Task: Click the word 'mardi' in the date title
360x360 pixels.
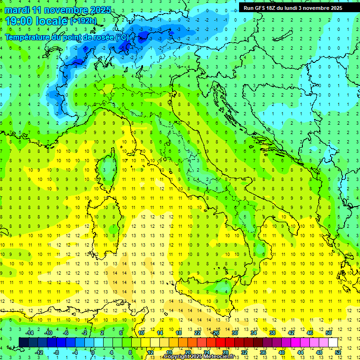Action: point(17,10)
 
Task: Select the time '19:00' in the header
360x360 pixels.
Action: point(18,21)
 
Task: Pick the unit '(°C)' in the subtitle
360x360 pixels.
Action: point(122,37)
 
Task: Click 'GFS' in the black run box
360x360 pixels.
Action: point(260,8)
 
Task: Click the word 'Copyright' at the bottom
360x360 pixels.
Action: point(176,357)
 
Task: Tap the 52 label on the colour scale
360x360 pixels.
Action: point(338,352)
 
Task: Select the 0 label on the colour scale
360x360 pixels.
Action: point(93,352)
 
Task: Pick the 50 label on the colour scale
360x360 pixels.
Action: point(329,333)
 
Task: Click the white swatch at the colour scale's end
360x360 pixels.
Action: point(333,342)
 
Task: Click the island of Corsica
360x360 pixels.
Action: point(109,166)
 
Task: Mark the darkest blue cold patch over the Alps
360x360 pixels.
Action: point(126,45)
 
